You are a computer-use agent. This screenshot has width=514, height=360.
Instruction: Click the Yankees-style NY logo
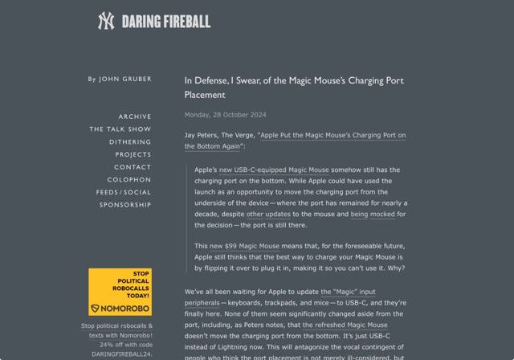106,21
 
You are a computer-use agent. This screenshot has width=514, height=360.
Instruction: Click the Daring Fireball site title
165,22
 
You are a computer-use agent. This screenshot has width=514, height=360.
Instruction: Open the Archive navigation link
135,117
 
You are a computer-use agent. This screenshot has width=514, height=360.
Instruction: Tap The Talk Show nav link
120,129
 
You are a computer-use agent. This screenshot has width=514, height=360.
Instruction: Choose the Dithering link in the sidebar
130,141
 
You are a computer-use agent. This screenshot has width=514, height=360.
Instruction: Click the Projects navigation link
133,154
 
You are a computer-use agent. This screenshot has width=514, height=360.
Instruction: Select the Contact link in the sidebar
133,167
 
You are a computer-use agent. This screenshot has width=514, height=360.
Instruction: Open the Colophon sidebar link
129,179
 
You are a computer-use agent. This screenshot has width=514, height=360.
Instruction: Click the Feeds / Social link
124,192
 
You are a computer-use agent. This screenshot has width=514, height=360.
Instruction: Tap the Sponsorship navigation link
125,205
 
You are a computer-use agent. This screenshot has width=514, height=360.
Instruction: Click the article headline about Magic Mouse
293,87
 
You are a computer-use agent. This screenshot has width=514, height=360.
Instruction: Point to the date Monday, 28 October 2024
225,115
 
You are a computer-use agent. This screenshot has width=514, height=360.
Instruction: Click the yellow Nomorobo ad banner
120,292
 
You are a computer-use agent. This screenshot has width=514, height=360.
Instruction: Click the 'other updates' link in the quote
266,215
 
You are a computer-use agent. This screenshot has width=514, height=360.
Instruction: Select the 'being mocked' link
372,215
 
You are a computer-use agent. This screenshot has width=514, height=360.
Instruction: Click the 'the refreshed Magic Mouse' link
345,325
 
